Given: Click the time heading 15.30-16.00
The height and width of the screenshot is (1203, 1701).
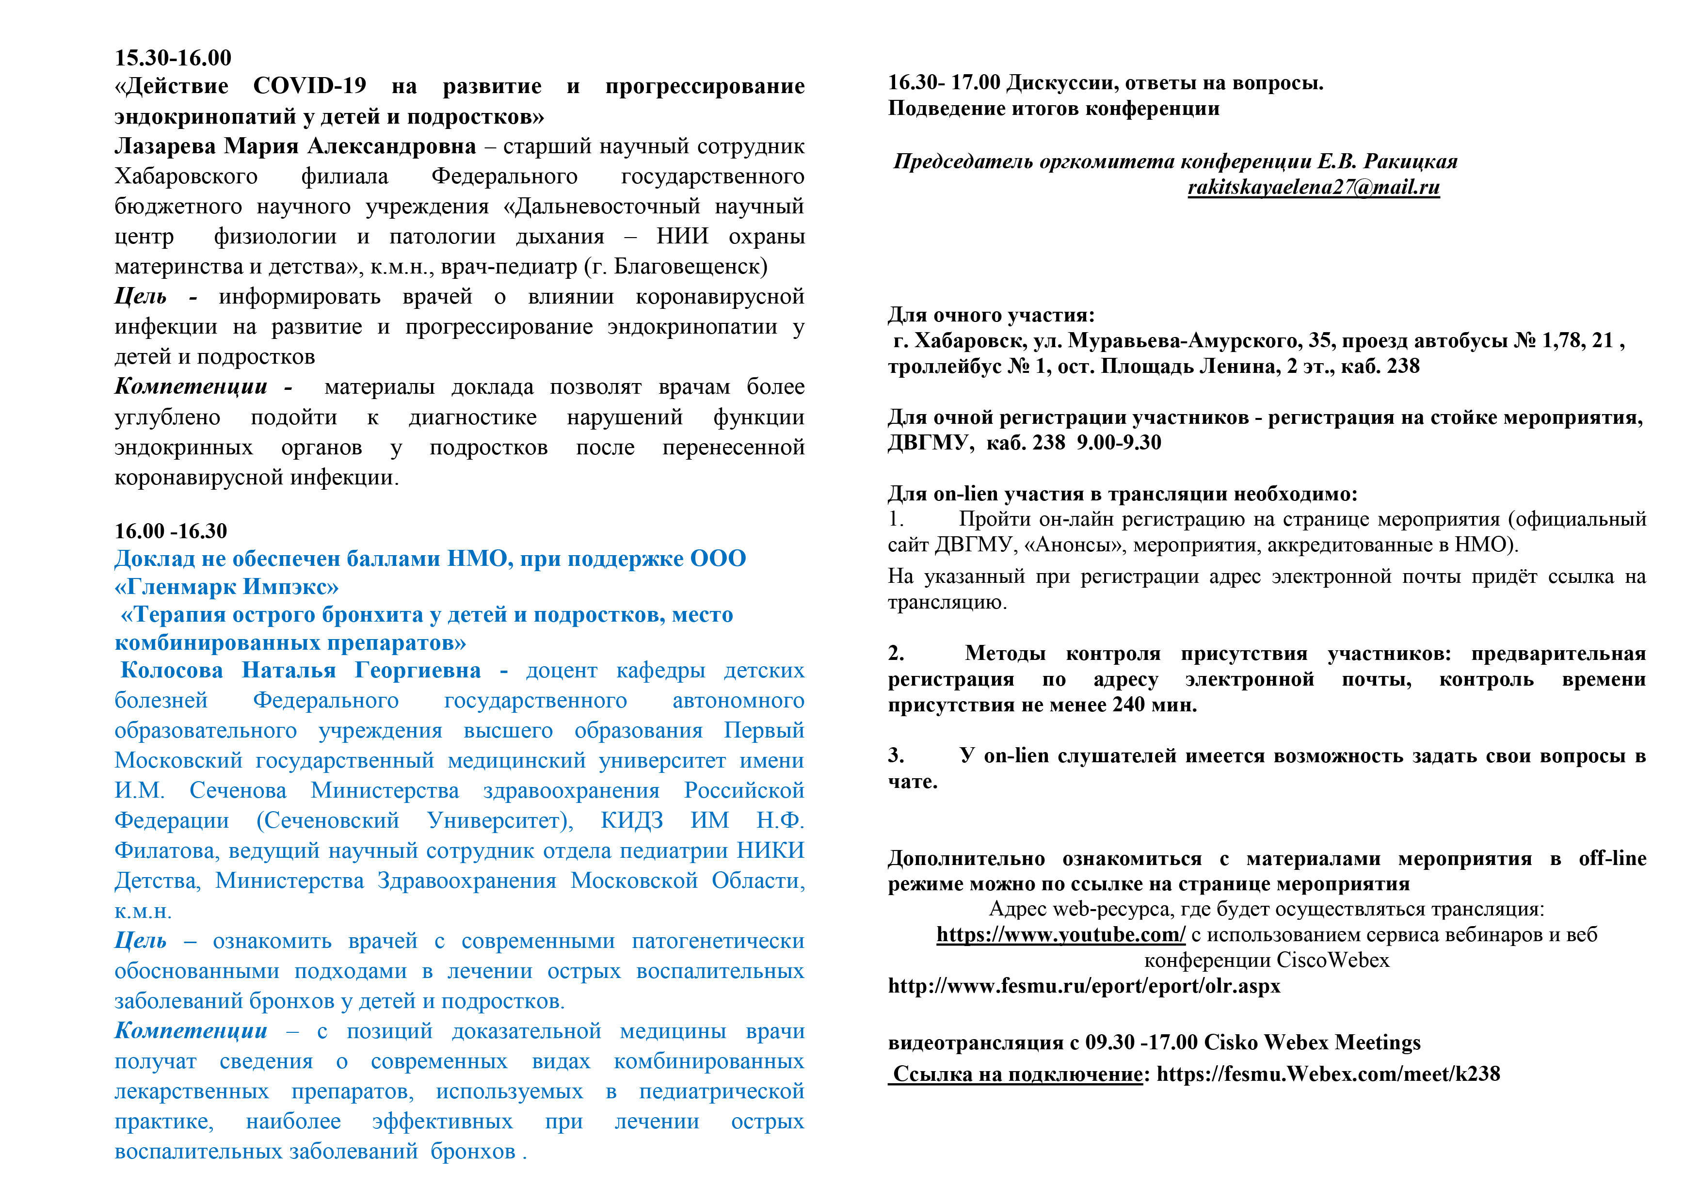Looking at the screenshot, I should (x=173, y=58).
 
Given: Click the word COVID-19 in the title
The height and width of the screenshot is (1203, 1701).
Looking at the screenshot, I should (x=310, y=86).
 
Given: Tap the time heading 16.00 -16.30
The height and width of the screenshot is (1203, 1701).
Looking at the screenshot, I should (x=170, y=531).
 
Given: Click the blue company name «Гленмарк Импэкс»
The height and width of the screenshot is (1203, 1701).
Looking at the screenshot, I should (x=227, y=587).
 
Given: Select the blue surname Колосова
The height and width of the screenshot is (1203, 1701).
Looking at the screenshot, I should (x=171, y=671).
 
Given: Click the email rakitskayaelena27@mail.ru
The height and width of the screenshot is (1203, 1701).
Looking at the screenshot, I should (x=1314, y=188).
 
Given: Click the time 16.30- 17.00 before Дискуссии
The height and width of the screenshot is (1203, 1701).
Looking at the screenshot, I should (x=944, y=83).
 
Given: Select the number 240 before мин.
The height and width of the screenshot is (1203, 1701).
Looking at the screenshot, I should (x=1128, y=705).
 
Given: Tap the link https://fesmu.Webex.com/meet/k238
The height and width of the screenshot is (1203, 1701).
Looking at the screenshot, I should (x=1328, y=1074).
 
